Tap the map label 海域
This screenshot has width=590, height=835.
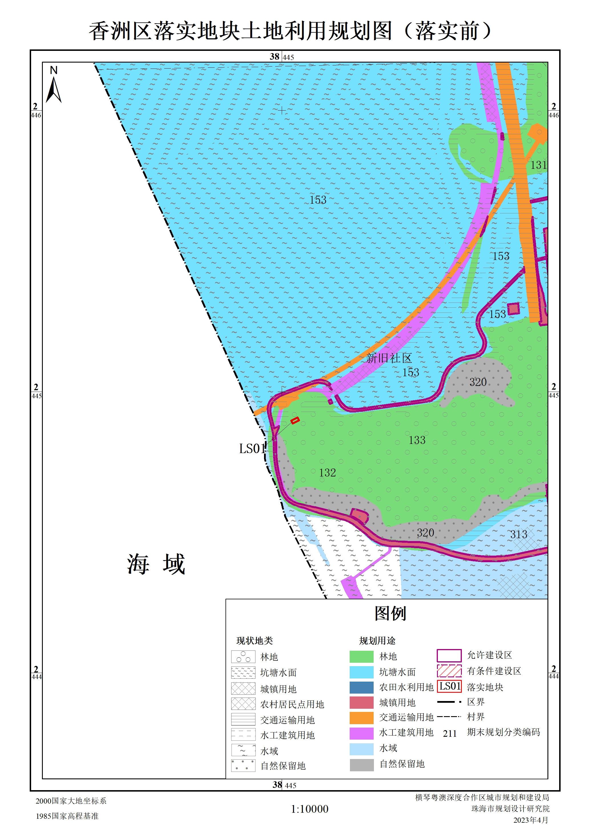click(156, 564)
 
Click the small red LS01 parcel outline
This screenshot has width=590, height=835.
click(295, 420)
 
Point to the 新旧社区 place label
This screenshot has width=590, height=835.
click(389, 358)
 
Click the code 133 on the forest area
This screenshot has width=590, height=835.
click(417, 440)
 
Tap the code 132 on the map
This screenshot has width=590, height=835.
click(327, 472)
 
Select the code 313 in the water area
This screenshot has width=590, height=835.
click(518, 534)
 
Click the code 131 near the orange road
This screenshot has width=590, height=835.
click(538, 165)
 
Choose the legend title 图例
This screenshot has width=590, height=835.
click(390, 614)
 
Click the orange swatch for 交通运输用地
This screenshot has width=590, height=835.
click(361, 718)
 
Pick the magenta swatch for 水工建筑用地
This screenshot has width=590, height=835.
click(361, 733)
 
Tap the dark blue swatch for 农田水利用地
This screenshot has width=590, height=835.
click(361, 687)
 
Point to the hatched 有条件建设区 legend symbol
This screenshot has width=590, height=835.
click(449, 671)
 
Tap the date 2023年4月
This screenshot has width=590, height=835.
click(530, 820)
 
